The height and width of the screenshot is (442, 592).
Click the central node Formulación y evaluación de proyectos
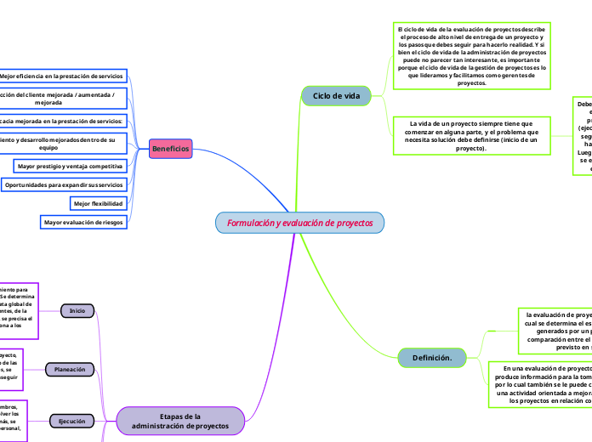[299, 223]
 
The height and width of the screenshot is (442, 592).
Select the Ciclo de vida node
[336, 96]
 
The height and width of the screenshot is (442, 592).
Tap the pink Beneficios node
[170, 149]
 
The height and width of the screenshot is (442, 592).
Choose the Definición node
[431, 358]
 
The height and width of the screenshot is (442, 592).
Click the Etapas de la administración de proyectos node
[179, 421]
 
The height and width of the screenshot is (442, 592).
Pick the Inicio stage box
[77, 311]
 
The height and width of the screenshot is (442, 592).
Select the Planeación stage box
[70, 370]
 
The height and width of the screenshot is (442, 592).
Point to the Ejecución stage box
[72, 421]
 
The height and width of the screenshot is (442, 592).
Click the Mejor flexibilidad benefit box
[99, 204]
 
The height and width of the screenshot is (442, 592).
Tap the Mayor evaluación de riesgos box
[83, 223]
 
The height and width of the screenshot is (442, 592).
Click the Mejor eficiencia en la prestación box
[65, 76]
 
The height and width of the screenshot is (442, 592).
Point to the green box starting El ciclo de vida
[471, 55]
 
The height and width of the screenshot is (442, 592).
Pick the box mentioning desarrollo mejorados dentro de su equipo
[63, 142]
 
